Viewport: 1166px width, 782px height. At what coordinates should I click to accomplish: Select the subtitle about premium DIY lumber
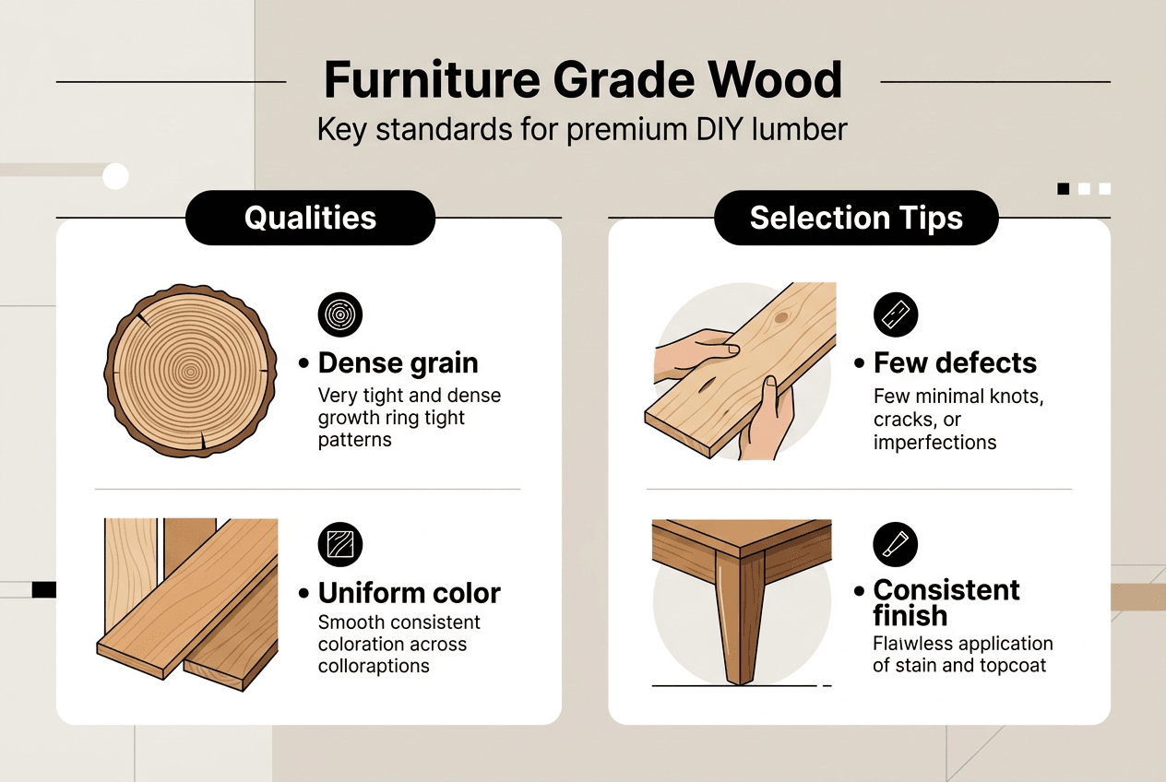point(582,129)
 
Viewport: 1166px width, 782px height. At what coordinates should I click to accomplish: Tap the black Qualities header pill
point(310,218)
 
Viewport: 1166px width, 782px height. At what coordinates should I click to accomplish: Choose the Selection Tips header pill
point(856,218)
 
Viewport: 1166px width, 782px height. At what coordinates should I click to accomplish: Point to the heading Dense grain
point(398,363)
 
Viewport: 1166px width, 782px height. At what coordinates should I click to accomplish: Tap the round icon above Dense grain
point(340,316)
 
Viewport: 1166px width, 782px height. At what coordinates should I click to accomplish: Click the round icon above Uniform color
point(340,544)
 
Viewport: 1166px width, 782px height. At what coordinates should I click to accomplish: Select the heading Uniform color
point(409,592)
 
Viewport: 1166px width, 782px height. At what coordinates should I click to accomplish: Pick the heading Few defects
point(955,363)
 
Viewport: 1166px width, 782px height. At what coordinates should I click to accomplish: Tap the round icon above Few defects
point(896,316)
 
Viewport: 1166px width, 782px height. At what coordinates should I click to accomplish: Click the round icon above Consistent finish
point(896,544)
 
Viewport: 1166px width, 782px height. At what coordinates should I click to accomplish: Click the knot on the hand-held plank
point(782,318)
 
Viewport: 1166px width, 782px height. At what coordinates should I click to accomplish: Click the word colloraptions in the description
point(374,666)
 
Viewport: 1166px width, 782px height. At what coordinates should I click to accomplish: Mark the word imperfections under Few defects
point(934,442)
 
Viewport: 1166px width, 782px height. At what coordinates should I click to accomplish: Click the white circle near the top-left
point(115,175)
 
